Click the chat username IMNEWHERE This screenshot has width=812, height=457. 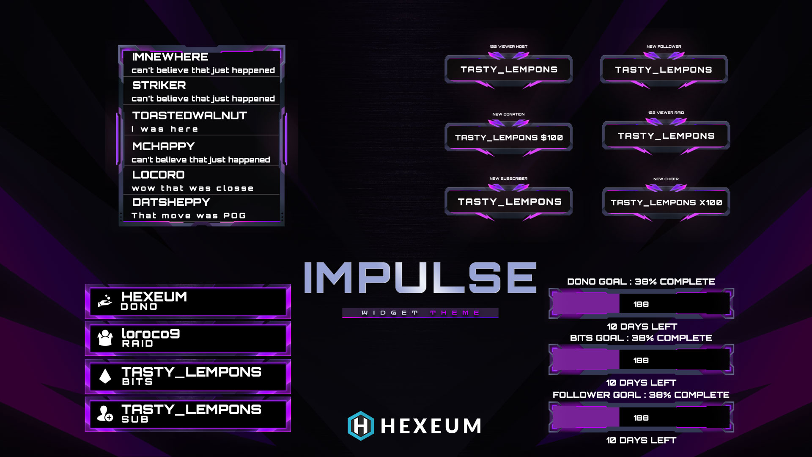tap(170, 57)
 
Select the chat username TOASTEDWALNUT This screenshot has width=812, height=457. tap(189, 116)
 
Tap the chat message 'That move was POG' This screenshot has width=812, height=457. tap(189, 216)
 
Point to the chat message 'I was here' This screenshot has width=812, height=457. tap(165, 129)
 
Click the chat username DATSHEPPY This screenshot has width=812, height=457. tap(171, 202)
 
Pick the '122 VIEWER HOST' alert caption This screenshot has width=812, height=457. tap(508, 47)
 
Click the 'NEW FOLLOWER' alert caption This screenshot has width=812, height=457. tap(664, 47)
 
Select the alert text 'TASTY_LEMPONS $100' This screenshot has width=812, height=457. tap(509, 138)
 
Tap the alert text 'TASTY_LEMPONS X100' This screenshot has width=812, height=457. tap(666, 203)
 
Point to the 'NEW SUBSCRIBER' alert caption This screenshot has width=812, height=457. tap(508, 179)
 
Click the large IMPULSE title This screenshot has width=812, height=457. tap(420, 278)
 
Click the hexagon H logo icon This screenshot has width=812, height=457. tap(360, 426)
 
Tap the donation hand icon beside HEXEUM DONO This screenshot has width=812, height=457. tap(105, 301)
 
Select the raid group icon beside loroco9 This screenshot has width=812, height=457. tap(105, 338)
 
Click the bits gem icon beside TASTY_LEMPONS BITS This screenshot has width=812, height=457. tap(105, 376)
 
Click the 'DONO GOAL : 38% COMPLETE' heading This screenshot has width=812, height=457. tap(641, 282)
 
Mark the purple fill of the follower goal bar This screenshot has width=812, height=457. tap(586, 418)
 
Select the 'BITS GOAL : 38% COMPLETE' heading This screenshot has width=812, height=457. tap(641, 338)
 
